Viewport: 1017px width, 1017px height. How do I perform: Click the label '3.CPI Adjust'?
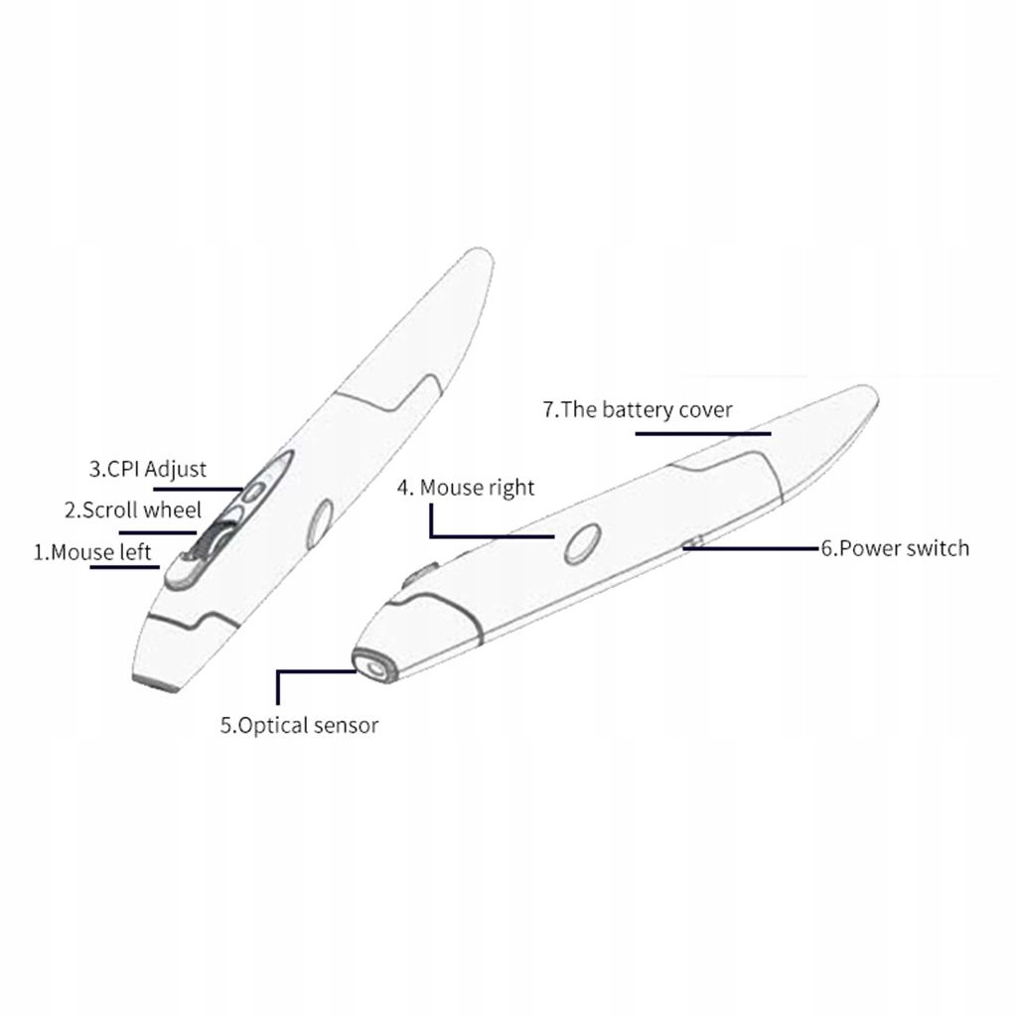[x=148, y=469]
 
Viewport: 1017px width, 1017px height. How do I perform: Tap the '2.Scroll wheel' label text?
[x=133, y=510]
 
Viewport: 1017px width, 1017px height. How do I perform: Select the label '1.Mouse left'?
[x=92, y=552]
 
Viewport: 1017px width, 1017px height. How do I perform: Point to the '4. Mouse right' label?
[x=466, y=488]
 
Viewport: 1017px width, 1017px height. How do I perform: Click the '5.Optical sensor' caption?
[x=299, y=725]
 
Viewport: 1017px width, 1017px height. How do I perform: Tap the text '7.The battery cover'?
[x=638, y=409]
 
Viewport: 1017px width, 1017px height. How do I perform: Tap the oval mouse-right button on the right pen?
[x=582, y=542]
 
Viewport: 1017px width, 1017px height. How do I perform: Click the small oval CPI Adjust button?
[x=255, y=490]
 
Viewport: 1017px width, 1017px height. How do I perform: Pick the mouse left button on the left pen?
[x=185, y=571]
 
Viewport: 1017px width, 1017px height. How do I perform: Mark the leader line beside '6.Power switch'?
[x=755, y=547]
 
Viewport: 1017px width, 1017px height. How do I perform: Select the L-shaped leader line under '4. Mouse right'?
[x=487, y=536]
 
